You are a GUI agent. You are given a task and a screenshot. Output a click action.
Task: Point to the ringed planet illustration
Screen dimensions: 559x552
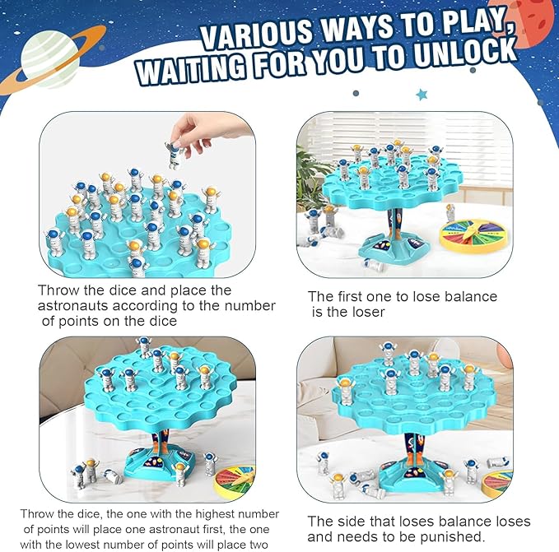pos(52,60)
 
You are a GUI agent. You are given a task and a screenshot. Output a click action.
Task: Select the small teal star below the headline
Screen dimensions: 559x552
pos(422,95)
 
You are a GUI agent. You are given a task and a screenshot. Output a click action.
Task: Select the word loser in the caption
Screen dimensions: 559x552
pos(369,313)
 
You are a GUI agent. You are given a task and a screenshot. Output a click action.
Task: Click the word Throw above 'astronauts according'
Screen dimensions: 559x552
pos(58,290)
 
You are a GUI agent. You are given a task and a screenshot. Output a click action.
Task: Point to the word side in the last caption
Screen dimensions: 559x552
pos(352,522)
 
